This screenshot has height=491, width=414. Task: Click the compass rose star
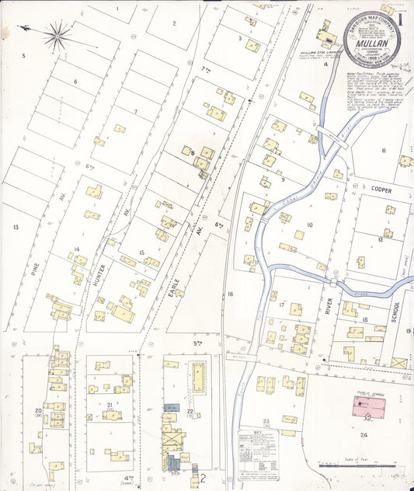[x=57, y=34]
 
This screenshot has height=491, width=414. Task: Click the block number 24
[x=364, y=435]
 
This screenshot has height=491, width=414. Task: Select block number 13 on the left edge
[x=15, y=228]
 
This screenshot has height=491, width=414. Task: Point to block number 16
[x=230, y=294]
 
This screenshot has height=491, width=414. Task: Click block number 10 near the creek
[x=308, y=225]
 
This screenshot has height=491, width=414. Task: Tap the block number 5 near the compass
[x=23, y=56]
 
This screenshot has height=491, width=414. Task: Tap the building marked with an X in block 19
[x=398, y=362]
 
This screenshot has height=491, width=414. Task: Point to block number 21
[x=110, y=405]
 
